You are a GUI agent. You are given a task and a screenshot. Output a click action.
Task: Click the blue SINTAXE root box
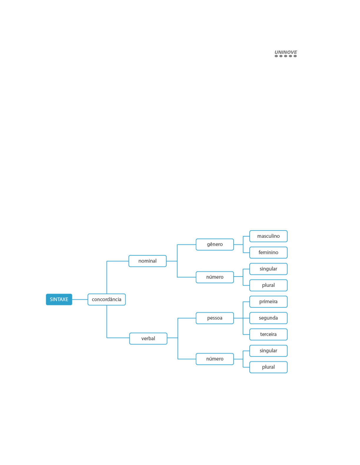click(59, 299)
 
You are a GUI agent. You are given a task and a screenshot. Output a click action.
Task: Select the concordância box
click(106, 299)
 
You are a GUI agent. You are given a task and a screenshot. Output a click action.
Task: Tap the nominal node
click(147, 261)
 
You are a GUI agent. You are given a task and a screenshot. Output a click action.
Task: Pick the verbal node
click(148, 338)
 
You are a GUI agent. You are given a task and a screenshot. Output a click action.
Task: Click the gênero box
click(215, 244)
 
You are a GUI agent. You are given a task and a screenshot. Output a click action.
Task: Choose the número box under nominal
click(215, 277)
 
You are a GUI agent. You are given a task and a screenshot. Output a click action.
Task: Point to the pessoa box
click(215, 318)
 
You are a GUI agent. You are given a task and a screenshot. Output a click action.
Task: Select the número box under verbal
click(215, 359)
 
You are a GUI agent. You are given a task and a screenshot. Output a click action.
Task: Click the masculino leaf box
click(268, 236)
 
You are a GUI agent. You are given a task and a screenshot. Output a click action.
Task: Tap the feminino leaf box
click(268, 252)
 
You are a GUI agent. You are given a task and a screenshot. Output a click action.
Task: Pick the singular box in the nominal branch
click(268, 269)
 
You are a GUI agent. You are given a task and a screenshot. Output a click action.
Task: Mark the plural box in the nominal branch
click(268, 285)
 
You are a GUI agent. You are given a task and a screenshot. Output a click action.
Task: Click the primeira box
click(268, 302)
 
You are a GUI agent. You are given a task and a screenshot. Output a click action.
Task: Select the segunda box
click(268, 318)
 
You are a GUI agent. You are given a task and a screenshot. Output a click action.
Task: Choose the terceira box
click(268, 334)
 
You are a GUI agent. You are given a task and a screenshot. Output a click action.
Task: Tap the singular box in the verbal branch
click(268, 351)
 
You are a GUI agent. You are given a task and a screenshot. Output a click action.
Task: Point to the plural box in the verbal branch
click(268, 367)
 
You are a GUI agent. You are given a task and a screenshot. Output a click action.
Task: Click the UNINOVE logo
click(286, 53)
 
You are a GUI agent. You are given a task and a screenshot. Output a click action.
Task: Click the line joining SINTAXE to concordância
click(80, 300)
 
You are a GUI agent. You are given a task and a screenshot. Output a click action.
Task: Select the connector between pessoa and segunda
click(241, 318)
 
